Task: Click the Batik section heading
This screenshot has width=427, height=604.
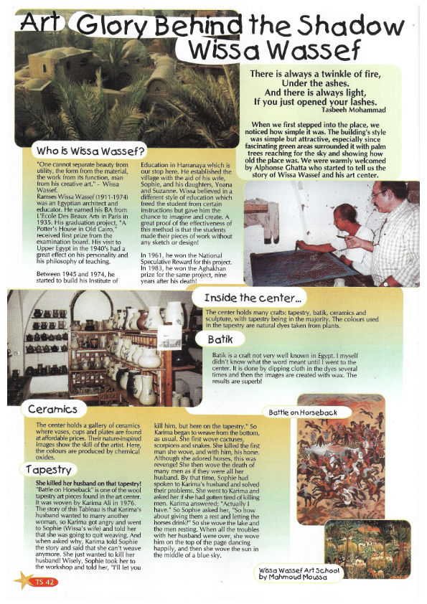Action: pyautogui.click(x=220, y=339)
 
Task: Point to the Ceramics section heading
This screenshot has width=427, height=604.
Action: pyautogui.click(x=53, y=410)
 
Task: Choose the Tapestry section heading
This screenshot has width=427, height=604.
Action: pyautogui.click(x=48, y=470)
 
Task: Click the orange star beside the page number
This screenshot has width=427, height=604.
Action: pyautogui.click(x=24, y=580)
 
